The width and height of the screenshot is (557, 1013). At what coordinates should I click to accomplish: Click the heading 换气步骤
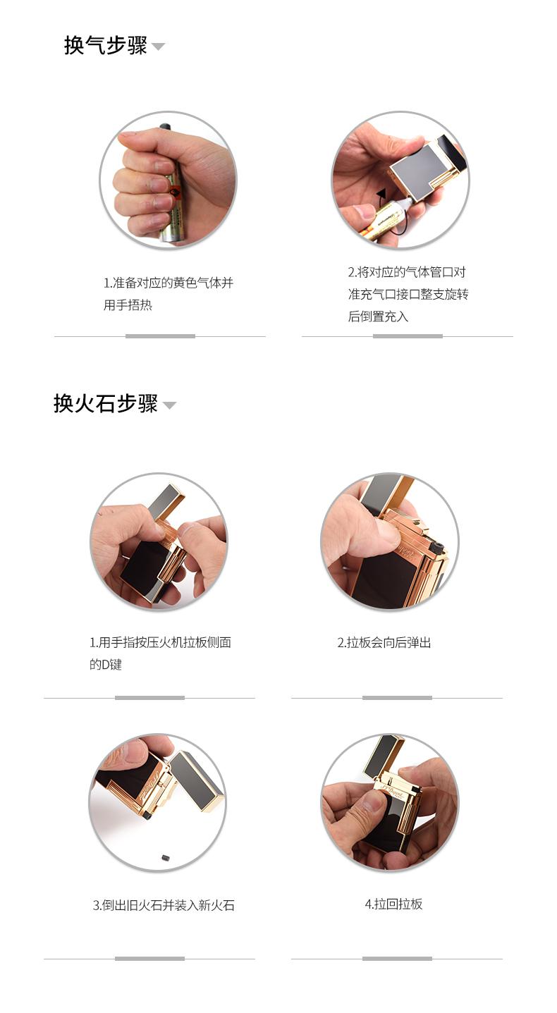click(x=106, y=45)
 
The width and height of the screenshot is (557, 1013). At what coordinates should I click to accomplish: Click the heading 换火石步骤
click(x=106, y=403)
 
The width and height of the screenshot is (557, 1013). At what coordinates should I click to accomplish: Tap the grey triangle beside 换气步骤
click(x=158, y=46)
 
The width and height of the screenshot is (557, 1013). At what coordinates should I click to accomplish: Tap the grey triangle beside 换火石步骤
click(x=169, y=405)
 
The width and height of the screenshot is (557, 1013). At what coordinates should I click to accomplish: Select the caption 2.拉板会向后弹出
click(x=384, y=643)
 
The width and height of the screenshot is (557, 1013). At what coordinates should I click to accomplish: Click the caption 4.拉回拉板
click(x=393, y=904)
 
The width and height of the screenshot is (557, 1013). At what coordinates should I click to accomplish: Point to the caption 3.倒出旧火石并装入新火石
click(x=164, y=905)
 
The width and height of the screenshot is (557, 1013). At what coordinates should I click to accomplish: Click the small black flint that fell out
click(x=165, y=857)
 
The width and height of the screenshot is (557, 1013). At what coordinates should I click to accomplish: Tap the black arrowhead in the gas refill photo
click(x=382, y=195)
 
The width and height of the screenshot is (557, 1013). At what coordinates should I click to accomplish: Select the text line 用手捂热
click(x=128, y=305)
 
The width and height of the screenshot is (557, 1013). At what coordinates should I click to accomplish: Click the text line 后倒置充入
click(x=379, y=317)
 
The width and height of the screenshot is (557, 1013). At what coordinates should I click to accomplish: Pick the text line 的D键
click(x=106, y=665)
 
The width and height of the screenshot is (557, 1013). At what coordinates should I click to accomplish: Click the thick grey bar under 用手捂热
click(x=160, y=336)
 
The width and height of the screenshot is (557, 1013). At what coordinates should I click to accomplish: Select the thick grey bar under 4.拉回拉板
click(x=397, y=958)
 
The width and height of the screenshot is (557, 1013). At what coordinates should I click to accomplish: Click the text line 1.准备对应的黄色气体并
click(x=169, y=283)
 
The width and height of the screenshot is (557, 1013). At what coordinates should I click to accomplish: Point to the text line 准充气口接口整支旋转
click(x=408, y=295)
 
